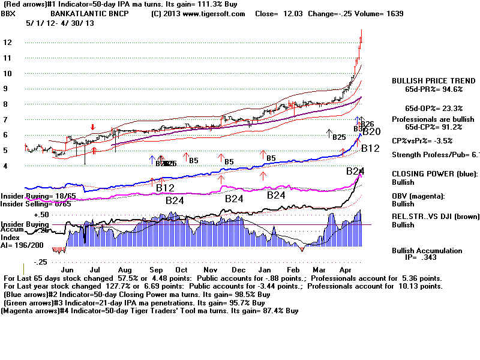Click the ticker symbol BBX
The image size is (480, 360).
10,13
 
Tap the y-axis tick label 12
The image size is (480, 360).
7,43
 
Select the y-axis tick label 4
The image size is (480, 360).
5,165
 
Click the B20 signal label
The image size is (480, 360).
372,131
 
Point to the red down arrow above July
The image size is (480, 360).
92,127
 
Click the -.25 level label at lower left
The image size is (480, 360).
41,262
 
